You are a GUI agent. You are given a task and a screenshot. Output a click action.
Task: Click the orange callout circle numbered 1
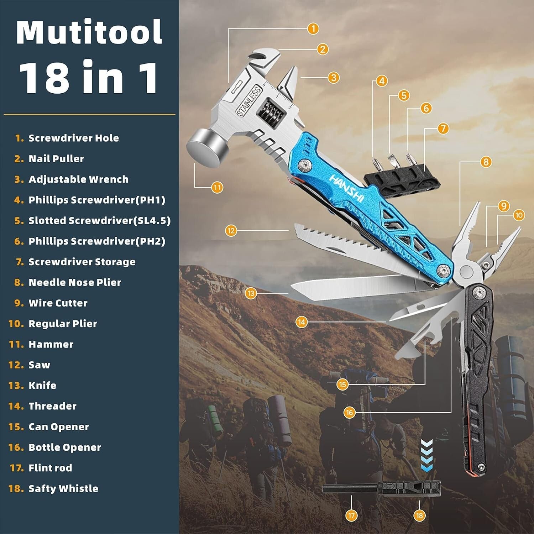(313, 28)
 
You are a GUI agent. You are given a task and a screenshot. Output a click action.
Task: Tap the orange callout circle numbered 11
(217, 187)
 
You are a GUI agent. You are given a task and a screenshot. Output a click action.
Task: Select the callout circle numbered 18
(419, 515)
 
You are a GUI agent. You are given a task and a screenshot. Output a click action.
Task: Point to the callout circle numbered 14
(302, 322)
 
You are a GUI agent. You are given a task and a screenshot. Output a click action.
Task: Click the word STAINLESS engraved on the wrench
(249, 101)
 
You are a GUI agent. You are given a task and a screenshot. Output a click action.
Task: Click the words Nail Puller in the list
(56, 159)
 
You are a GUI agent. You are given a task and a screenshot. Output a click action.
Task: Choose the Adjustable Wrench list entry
(78, 179)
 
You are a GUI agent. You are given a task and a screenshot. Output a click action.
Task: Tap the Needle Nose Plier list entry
(75, 283)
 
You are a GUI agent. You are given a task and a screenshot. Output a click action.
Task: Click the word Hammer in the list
(51, 344)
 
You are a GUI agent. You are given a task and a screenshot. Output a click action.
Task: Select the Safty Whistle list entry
(63, 488)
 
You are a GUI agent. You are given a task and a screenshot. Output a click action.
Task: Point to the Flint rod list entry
(50, 468)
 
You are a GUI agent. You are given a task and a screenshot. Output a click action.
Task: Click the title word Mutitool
(89, 32)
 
